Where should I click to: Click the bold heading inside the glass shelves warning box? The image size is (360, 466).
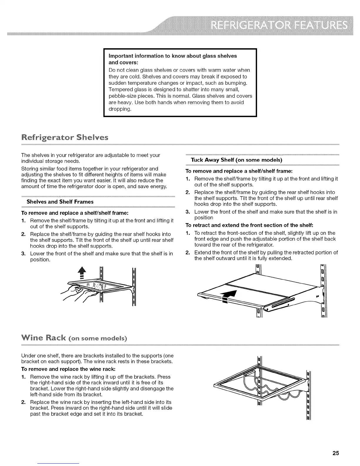pyautogui.click(x=173, y=59)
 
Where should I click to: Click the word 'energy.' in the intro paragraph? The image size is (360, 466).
pyautogui.click(x=159, y=186)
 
